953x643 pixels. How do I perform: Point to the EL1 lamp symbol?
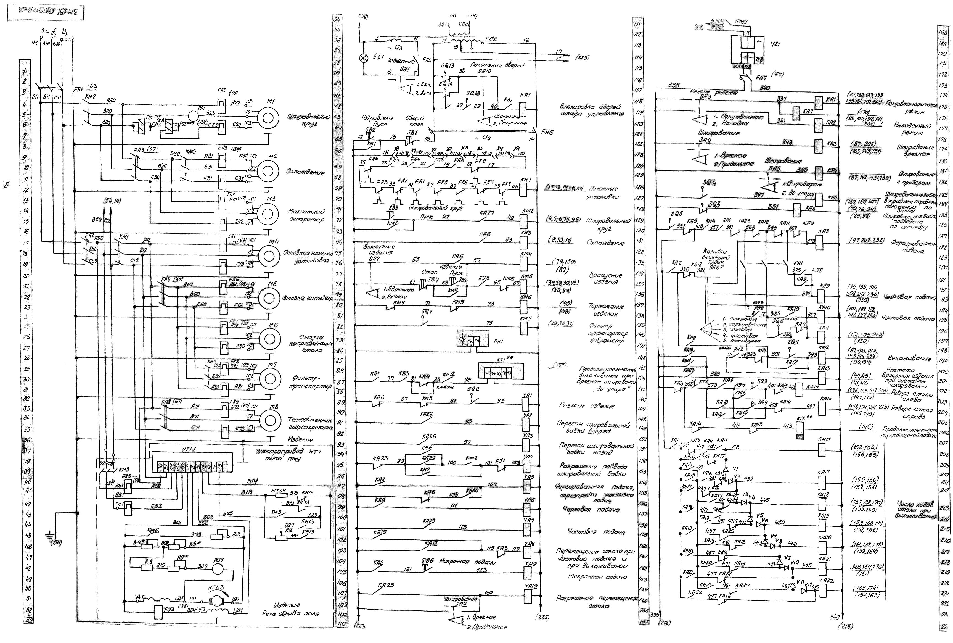363,58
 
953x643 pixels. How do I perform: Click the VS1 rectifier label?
775,44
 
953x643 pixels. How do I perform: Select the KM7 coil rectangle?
524,328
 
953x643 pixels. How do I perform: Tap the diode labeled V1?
725,469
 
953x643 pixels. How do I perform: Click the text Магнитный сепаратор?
306,215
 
